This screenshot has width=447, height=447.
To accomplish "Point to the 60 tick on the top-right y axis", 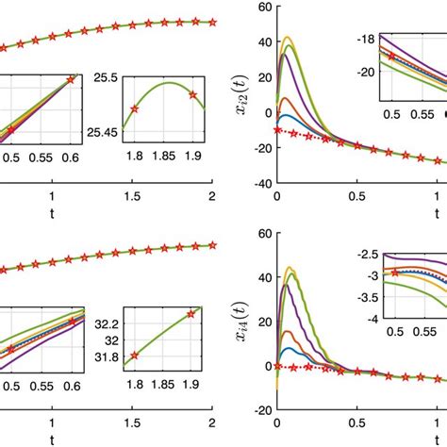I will (262, 7).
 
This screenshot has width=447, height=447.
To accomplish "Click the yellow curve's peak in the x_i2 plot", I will (289, 38).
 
